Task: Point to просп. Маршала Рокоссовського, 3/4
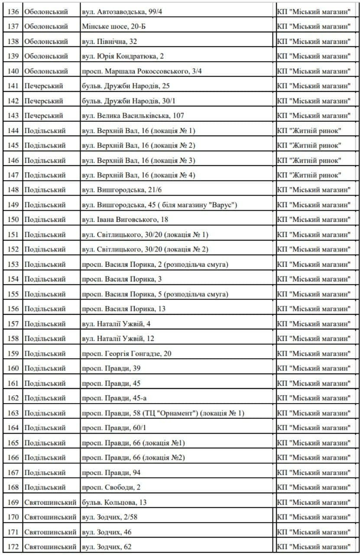(x=142, y=71)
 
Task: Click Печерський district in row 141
(x=44, y=86)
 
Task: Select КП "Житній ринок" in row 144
(x=309, y=131)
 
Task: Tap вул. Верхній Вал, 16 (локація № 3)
(x=138, y=160)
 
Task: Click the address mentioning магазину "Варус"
(x=159, y=205)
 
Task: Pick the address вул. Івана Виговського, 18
(x=125, y=220)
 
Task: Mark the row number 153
(x=13, y=264)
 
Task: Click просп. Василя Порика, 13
(x=123, y=309)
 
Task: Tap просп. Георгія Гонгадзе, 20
(x=126, y=353)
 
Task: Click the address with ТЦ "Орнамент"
(x=163, y=413)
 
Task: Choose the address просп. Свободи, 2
(x=111, y=487)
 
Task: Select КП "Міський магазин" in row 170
(x=314, y=517)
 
